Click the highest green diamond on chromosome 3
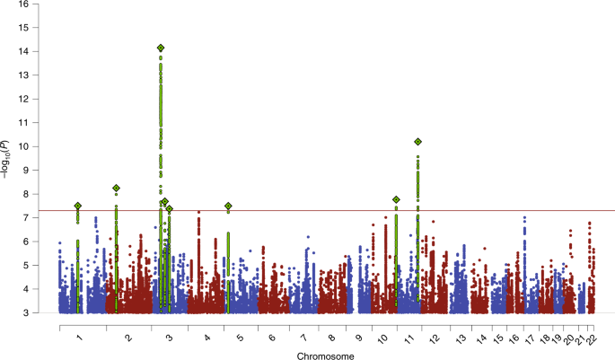point(161,48)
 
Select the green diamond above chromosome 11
point(418,142)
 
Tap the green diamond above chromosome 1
point(78,206)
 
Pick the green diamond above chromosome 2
point(116,189)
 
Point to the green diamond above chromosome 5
point(228,206)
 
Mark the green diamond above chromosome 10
point(396,199)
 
